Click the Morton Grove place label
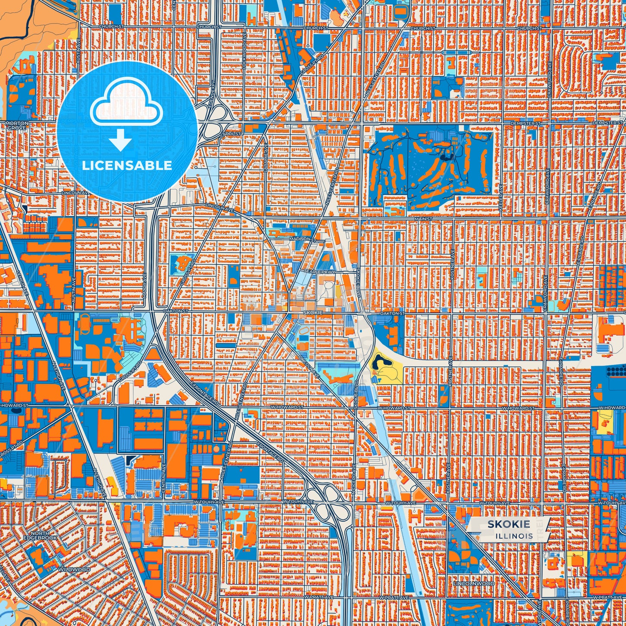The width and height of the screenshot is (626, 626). click(x=17, y=126)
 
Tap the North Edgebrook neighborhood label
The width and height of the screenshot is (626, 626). click(x=40, y=535)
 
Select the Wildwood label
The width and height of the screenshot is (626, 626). click(x=75, y=569)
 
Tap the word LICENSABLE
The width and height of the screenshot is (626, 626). click(x=127, y=165)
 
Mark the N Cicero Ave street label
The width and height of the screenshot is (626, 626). click(x=354, y=475)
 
